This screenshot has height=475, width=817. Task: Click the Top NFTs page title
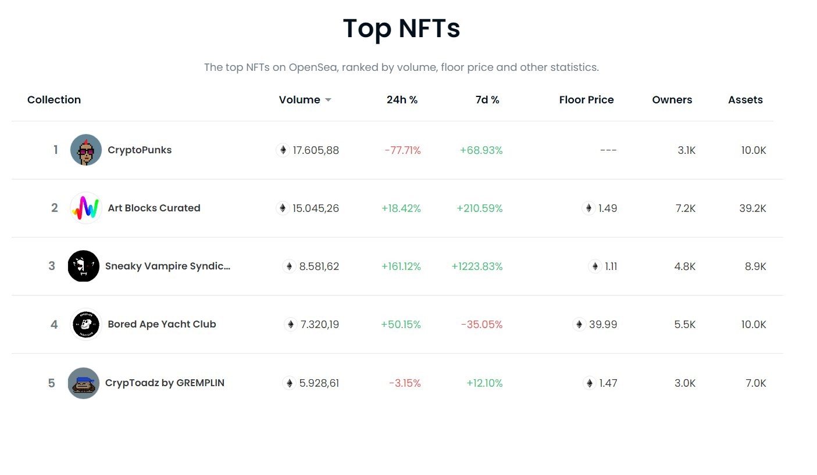(401, 28)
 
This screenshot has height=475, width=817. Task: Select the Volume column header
(299, 99)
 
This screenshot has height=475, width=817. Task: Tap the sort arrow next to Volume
(328, 100)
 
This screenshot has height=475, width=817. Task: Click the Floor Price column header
(586, 99)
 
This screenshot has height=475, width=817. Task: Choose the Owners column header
(672, 99)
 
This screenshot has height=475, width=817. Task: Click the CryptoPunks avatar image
(85, 150)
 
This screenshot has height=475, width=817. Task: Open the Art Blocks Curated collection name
(154, 208)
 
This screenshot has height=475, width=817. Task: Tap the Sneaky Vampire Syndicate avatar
(84, 266)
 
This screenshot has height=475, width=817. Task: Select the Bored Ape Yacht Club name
(162, 324)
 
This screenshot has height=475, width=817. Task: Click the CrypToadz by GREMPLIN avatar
(84, 383)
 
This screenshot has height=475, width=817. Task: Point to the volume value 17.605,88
(316, 150)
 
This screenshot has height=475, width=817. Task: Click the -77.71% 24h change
(402, 150)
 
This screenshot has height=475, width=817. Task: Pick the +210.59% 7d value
(480, 208)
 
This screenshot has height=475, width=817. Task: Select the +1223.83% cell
(477, 267)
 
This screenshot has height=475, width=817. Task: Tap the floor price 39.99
(603, 324)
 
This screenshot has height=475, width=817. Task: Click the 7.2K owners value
(686, 208)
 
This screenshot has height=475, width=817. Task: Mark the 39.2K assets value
(752, 208)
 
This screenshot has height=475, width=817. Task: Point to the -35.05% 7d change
(482, 324)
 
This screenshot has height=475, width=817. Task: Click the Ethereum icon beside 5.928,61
(289, 383)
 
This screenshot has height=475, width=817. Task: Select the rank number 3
(52, 266)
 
